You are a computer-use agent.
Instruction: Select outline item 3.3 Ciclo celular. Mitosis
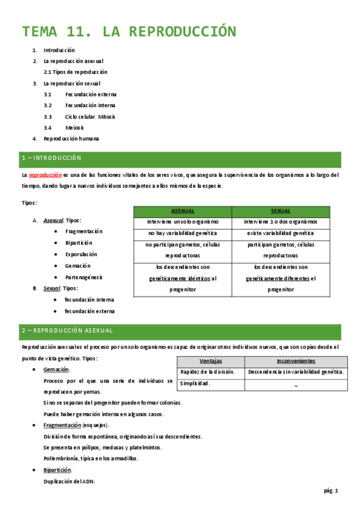click(90, 117)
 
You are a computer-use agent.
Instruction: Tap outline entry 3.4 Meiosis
click(75, 127)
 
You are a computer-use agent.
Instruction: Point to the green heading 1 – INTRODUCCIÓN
click(51, 158)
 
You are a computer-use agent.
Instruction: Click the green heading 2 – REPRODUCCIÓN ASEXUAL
click(73, 331)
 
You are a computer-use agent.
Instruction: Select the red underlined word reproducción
click(45, 175)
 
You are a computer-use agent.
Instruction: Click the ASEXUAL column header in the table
click(182, 211)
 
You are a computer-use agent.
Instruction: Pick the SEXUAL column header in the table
click(281, 211)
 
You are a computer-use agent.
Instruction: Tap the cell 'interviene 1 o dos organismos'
click(281, 222)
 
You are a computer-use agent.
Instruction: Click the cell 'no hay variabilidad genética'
click(182, 233)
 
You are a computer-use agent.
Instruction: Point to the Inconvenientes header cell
click(296, 361)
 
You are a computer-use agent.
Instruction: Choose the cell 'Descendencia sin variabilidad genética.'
click(296, 372)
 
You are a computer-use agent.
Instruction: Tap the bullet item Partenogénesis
click(84, 277)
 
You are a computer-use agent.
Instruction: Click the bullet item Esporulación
click(81, 254)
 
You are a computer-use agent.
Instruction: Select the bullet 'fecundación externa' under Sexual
click(90, 311)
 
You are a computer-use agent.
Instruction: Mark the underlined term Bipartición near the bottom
click(58, 470)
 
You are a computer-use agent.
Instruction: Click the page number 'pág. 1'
click(331, 491)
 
